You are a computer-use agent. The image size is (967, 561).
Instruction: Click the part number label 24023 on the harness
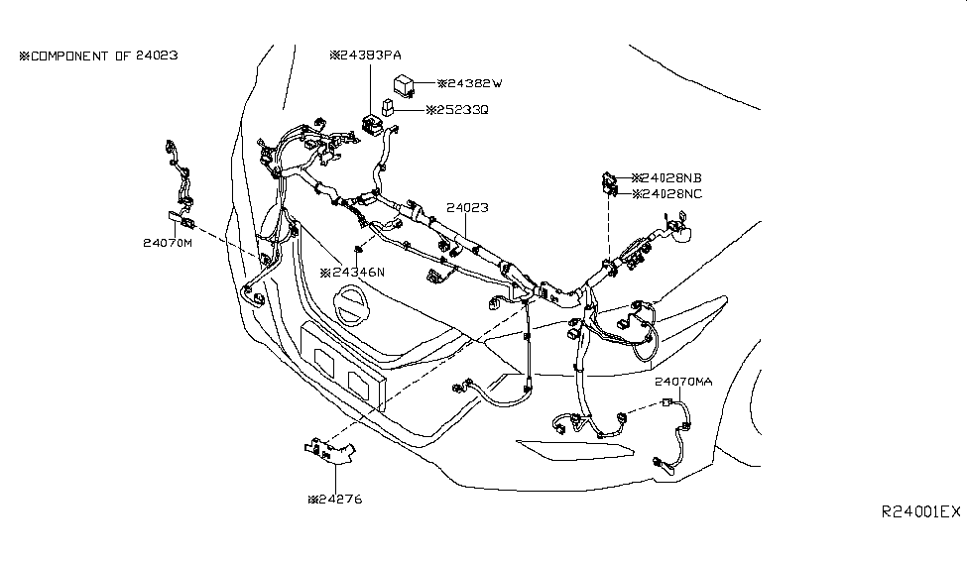click(467, 208)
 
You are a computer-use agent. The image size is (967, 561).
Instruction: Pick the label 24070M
click(168, 243)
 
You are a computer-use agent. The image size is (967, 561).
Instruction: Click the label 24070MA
click(683, 382)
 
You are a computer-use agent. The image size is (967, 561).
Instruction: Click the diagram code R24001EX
click(920, 511)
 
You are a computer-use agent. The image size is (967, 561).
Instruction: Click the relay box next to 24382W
click(404, 84)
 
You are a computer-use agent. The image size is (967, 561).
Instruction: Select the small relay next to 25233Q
click(387, 107)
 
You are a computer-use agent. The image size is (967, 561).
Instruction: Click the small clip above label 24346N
click(357, 249)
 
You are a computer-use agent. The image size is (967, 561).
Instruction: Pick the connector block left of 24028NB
click(610, 184)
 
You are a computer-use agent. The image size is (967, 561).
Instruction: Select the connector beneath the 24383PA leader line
click(371, 124)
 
